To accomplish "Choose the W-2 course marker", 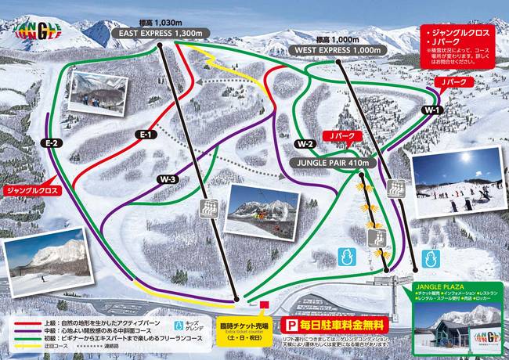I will point(305,144).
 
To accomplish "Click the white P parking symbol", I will point(291,324).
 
